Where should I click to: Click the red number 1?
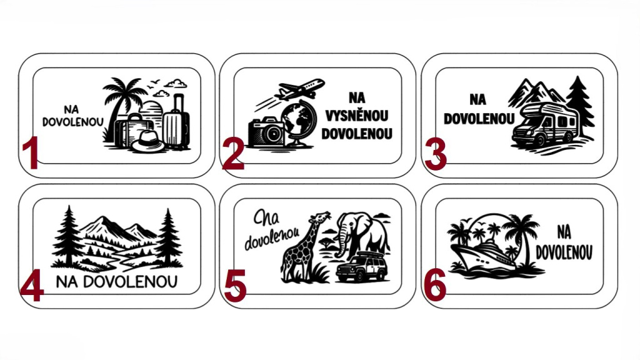(x=31, y=152)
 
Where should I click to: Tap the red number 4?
(x=32, y=285)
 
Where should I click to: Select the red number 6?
(x=435, y=285)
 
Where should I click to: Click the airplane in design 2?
(x=299, y=89)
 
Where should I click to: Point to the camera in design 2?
(x=266, y=131)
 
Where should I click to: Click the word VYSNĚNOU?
(x=356, y=116)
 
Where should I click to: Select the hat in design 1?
(x=147, y=141)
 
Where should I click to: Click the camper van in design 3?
(x=545, y=124)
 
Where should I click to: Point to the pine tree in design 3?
(x=579, y=106)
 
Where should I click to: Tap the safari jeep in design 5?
(x=361, y=267)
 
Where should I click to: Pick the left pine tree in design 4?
(x=68, y=237)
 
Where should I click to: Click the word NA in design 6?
(x=564, y=232)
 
